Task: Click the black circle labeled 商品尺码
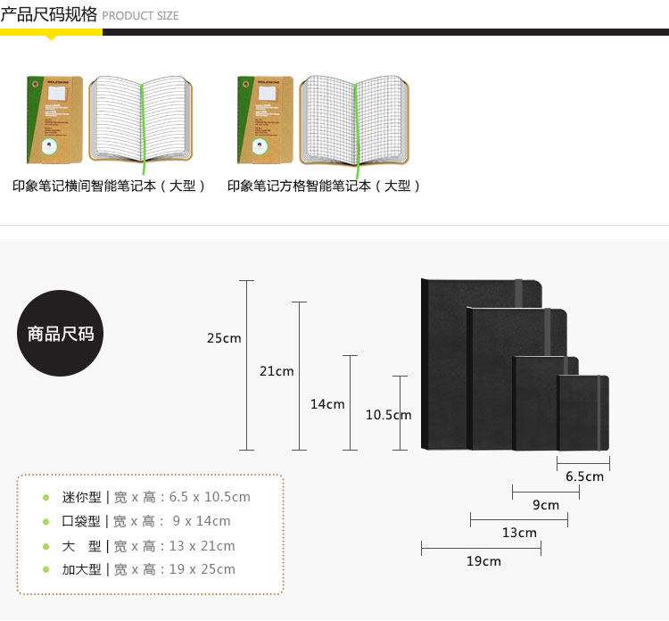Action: click(x=61, y=334)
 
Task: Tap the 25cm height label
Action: click(x=224, y=338)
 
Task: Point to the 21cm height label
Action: click(x=277, y=371)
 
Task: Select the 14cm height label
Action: click(x=327, y=404)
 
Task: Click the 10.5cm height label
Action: click(x=388, y=415)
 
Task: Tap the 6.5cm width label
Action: click(x=584, y=476)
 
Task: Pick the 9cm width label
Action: click(x=546, y=505)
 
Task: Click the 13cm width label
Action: click(x=519, y=534)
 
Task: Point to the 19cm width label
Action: click(x=483, y=561)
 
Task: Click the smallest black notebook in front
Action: click(x=583, y=412)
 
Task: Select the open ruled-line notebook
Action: click(x=141, y=120)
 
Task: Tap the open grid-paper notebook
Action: click(x=354, y=120)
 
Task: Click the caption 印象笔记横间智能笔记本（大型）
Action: click(x=110, y=186)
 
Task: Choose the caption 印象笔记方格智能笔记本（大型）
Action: click(x=324, y=186)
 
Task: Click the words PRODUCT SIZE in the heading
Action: click(x=140, y=16)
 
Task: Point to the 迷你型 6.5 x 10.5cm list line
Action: click(x=156, y=497)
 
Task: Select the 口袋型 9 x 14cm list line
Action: click(x=146, y=521)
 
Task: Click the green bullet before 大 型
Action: click(x=45, y=545)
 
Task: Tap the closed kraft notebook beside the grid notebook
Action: click(x=265, y=120)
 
